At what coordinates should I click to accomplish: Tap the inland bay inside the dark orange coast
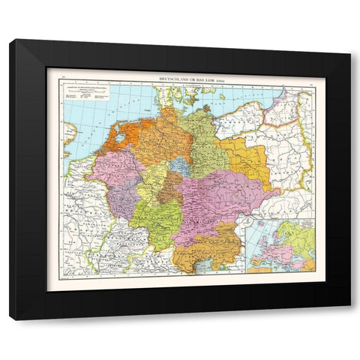point(120,137)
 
